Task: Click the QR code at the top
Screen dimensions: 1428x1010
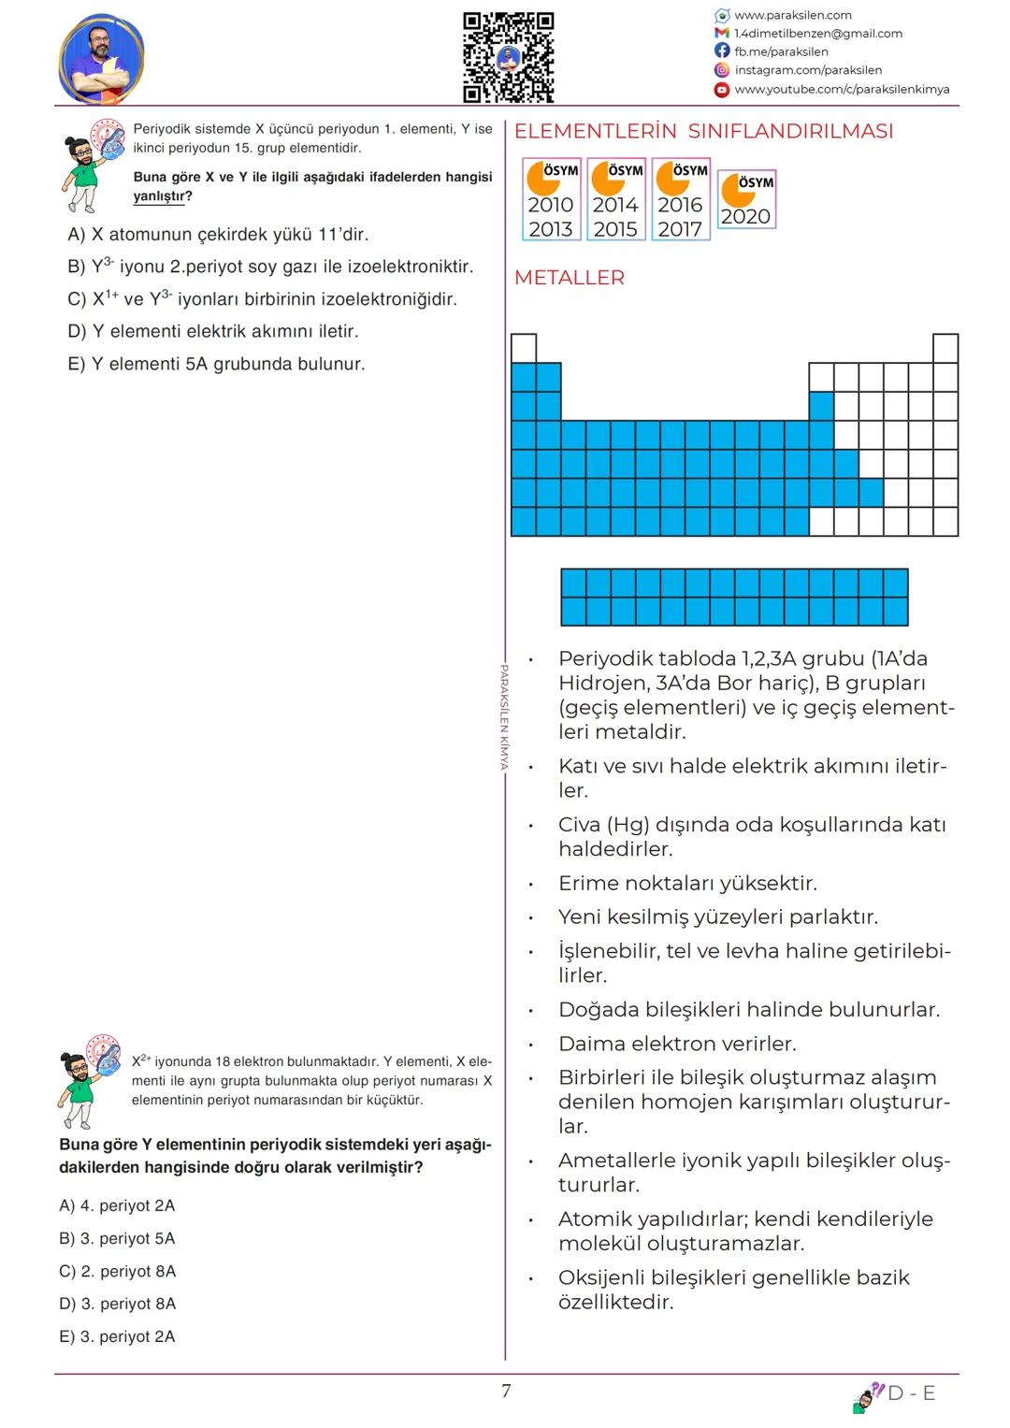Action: coord(509,57)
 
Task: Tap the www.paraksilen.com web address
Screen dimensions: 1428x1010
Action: coord(792,15)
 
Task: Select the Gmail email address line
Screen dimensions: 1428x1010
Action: coord(817,34)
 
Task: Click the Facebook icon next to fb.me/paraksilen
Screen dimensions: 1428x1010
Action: coord(722,51)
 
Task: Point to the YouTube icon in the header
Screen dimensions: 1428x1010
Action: coord(722,90)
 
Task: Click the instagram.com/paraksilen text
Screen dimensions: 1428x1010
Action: coord(808,70)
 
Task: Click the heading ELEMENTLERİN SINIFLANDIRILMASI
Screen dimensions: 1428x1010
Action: coord(703,132)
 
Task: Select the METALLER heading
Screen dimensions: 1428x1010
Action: coord(569,278)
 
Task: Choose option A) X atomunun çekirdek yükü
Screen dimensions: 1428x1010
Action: coord(218,235)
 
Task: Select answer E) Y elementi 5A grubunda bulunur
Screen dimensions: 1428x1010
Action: coord(216,364)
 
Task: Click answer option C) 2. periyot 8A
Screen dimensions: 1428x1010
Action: coord(118,1271)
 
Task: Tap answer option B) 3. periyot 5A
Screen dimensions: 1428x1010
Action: coord(118,1238)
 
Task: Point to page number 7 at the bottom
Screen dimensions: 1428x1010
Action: coord(506,1391)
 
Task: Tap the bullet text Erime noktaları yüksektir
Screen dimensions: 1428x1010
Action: coord(687,883)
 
